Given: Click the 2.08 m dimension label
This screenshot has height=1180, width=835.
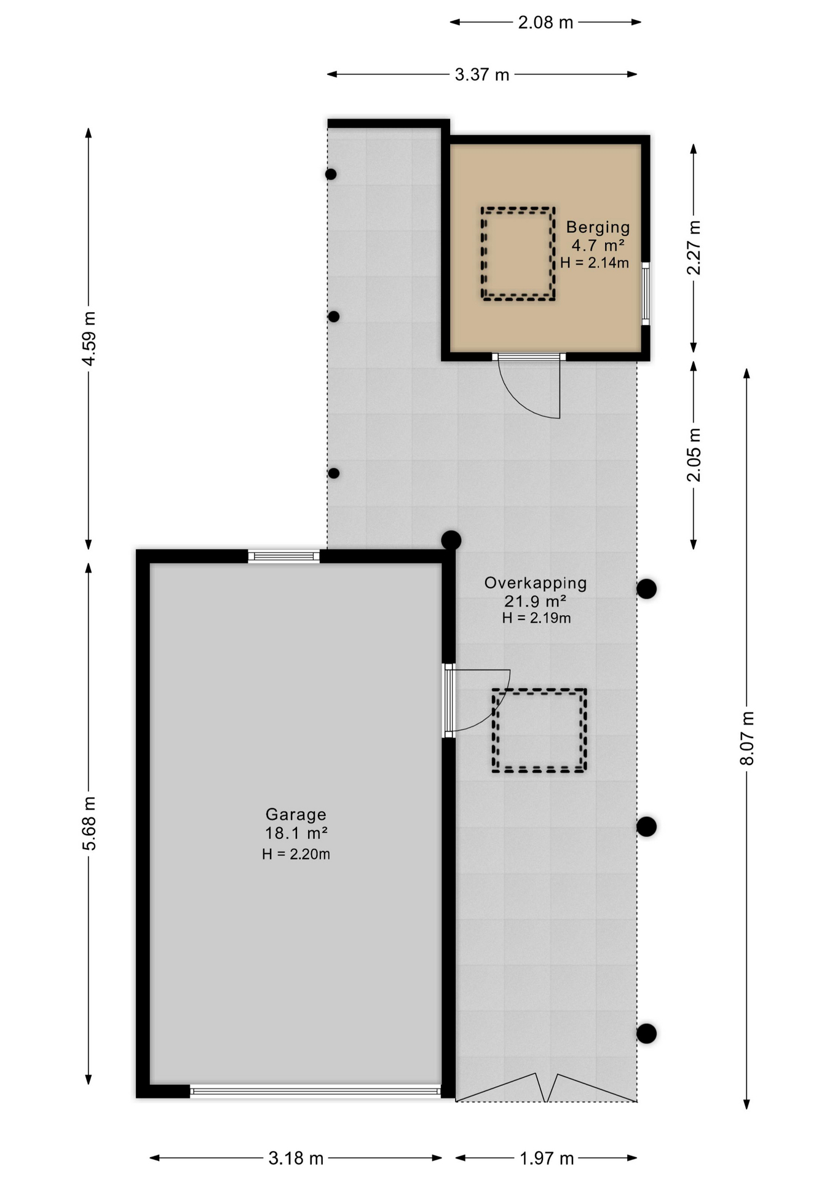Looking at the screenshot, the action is [x=545, y=23].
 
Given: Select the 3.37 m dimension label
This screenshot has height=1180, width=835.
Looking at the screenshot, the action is [x=482, y=75].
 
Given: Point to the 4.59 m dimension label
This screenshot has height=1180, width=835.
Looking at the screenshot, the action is [x=90, y=339].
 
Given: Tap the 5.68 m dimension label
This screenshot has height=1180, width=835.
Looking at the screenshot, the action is [x=90, y=823].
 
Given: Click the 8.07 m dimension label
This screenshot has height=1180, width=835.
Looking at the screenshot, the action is [x=747, y=738].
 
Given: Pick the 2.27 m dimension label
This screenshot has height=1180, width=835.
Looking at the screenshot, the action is [x=694, y=248].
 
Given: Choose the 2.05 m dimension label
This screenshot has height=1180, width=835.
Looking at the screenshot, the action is [x=694, y=455].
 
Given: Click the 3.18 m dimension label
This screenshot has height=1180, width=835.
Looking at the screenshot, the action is [x=296, y=1158].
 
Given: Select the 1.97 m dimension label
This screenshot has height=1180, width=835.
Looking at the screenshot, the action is [x=547, y=1158].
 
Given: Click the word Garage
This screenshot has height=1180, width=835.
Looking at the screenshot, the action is [x=296, y=814].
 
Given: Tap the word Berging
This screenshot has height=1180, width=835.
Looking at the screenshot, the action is [x=598, y=227].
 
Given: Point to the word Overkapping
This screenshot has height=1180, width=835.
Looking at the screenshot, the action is [x=536, y=583].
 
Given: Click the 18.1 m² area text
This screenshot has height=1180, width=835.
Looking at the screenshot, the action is [x=296, y=833].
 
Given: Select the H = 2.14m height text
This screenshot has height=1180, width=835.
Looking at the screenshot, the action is [x=594, y=263].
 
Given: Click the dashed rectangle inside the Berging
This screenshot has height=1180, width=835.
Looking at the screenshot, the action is [x=518, y=210].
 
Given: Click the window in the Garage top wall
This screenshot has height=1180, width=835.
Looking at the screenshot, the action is [x=283, y=557].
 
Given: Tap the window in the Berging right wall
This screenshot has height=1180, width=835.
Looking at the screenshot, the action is [x=646, y=293].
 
